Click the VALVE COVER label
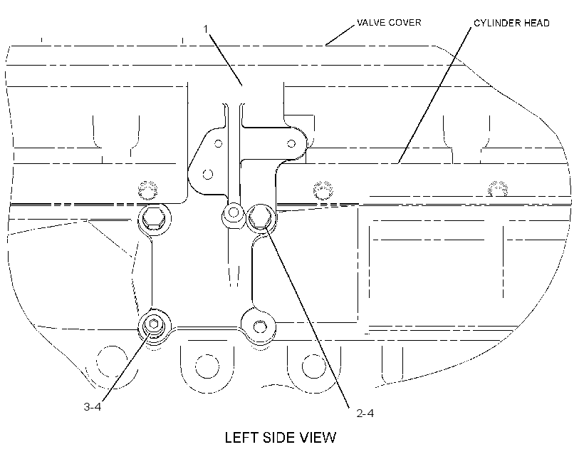[x=389, y=22]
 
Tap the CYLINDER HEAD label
[x=511, y=23]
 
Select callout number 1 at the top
[x=206, y=29]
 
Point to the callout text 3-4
[x=93, y=406]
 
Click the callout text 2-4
[x=365, y=413]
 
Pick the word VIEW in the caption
[x=320, y=438]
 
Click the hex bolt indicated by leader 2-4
[x=261, y=217]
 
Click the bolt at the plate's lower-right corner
[x=260, y=327]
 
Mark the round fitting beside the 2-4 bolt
[x=234, y=213]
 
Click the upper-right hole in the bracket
[x=291, y=143]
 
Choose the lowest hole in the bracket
[x=208, y=174]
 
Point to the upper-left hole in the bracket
[x=218, y=143]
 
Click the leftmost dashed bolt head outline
[x=147, y=190]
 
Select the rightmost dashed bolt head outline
[x=498, y=190]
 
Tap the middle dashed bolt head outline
[x=323, y=190]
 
